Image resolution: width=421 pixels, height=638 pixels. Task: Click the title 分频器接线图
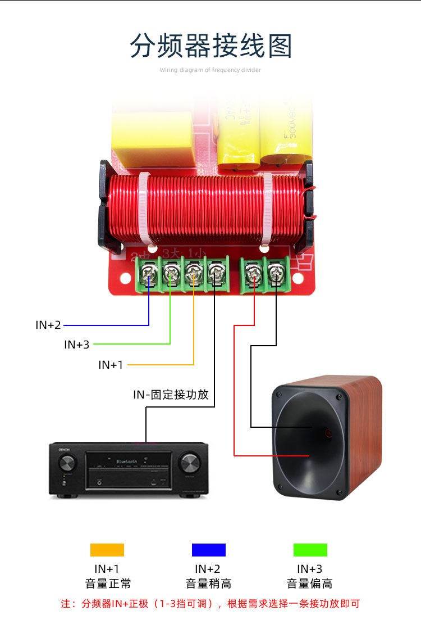tap(210, 46)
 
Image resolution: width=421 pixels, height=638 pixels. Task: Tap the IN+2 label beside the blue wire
tap(48, 325)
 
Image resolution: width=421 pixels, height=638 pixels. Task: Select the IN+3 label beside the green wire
tap(76, 345)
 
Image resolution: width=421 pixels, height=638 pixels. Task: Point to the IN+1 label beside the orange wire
tap(111, 365)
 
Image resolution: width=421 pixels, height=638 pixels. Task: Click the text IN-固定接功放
tap(171, 395)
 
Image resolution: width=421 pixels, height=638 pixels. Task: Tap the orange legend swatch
tap(107, 550)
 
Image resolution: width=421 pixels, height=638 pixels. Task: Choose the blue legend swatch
tap(208, 550)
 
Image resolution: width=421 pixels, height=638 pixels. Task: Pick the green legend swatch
tap(310, 550)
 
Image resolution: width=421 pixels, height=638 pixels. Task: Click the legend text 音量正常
tap(107, 583)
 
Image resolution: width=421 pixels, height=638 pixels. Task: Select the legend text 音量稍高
tap(208, 583)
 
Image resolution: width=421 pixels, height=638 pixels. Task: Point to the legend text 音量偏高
tap(310, 583)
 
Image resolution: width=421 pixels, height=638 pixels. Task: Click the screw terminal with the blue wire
tap(149, 274)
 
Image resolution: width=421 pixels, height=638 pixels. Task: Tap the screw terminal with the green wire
tap(170, 274)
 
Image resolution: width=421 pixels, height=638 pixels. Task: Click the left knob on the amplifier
tap(66, 464)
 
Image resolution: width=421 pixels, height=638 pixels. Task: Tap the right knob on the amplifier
tap(189, 464)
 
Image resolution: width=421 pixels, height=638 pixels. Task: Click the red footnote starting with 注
tap(210, 604)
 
